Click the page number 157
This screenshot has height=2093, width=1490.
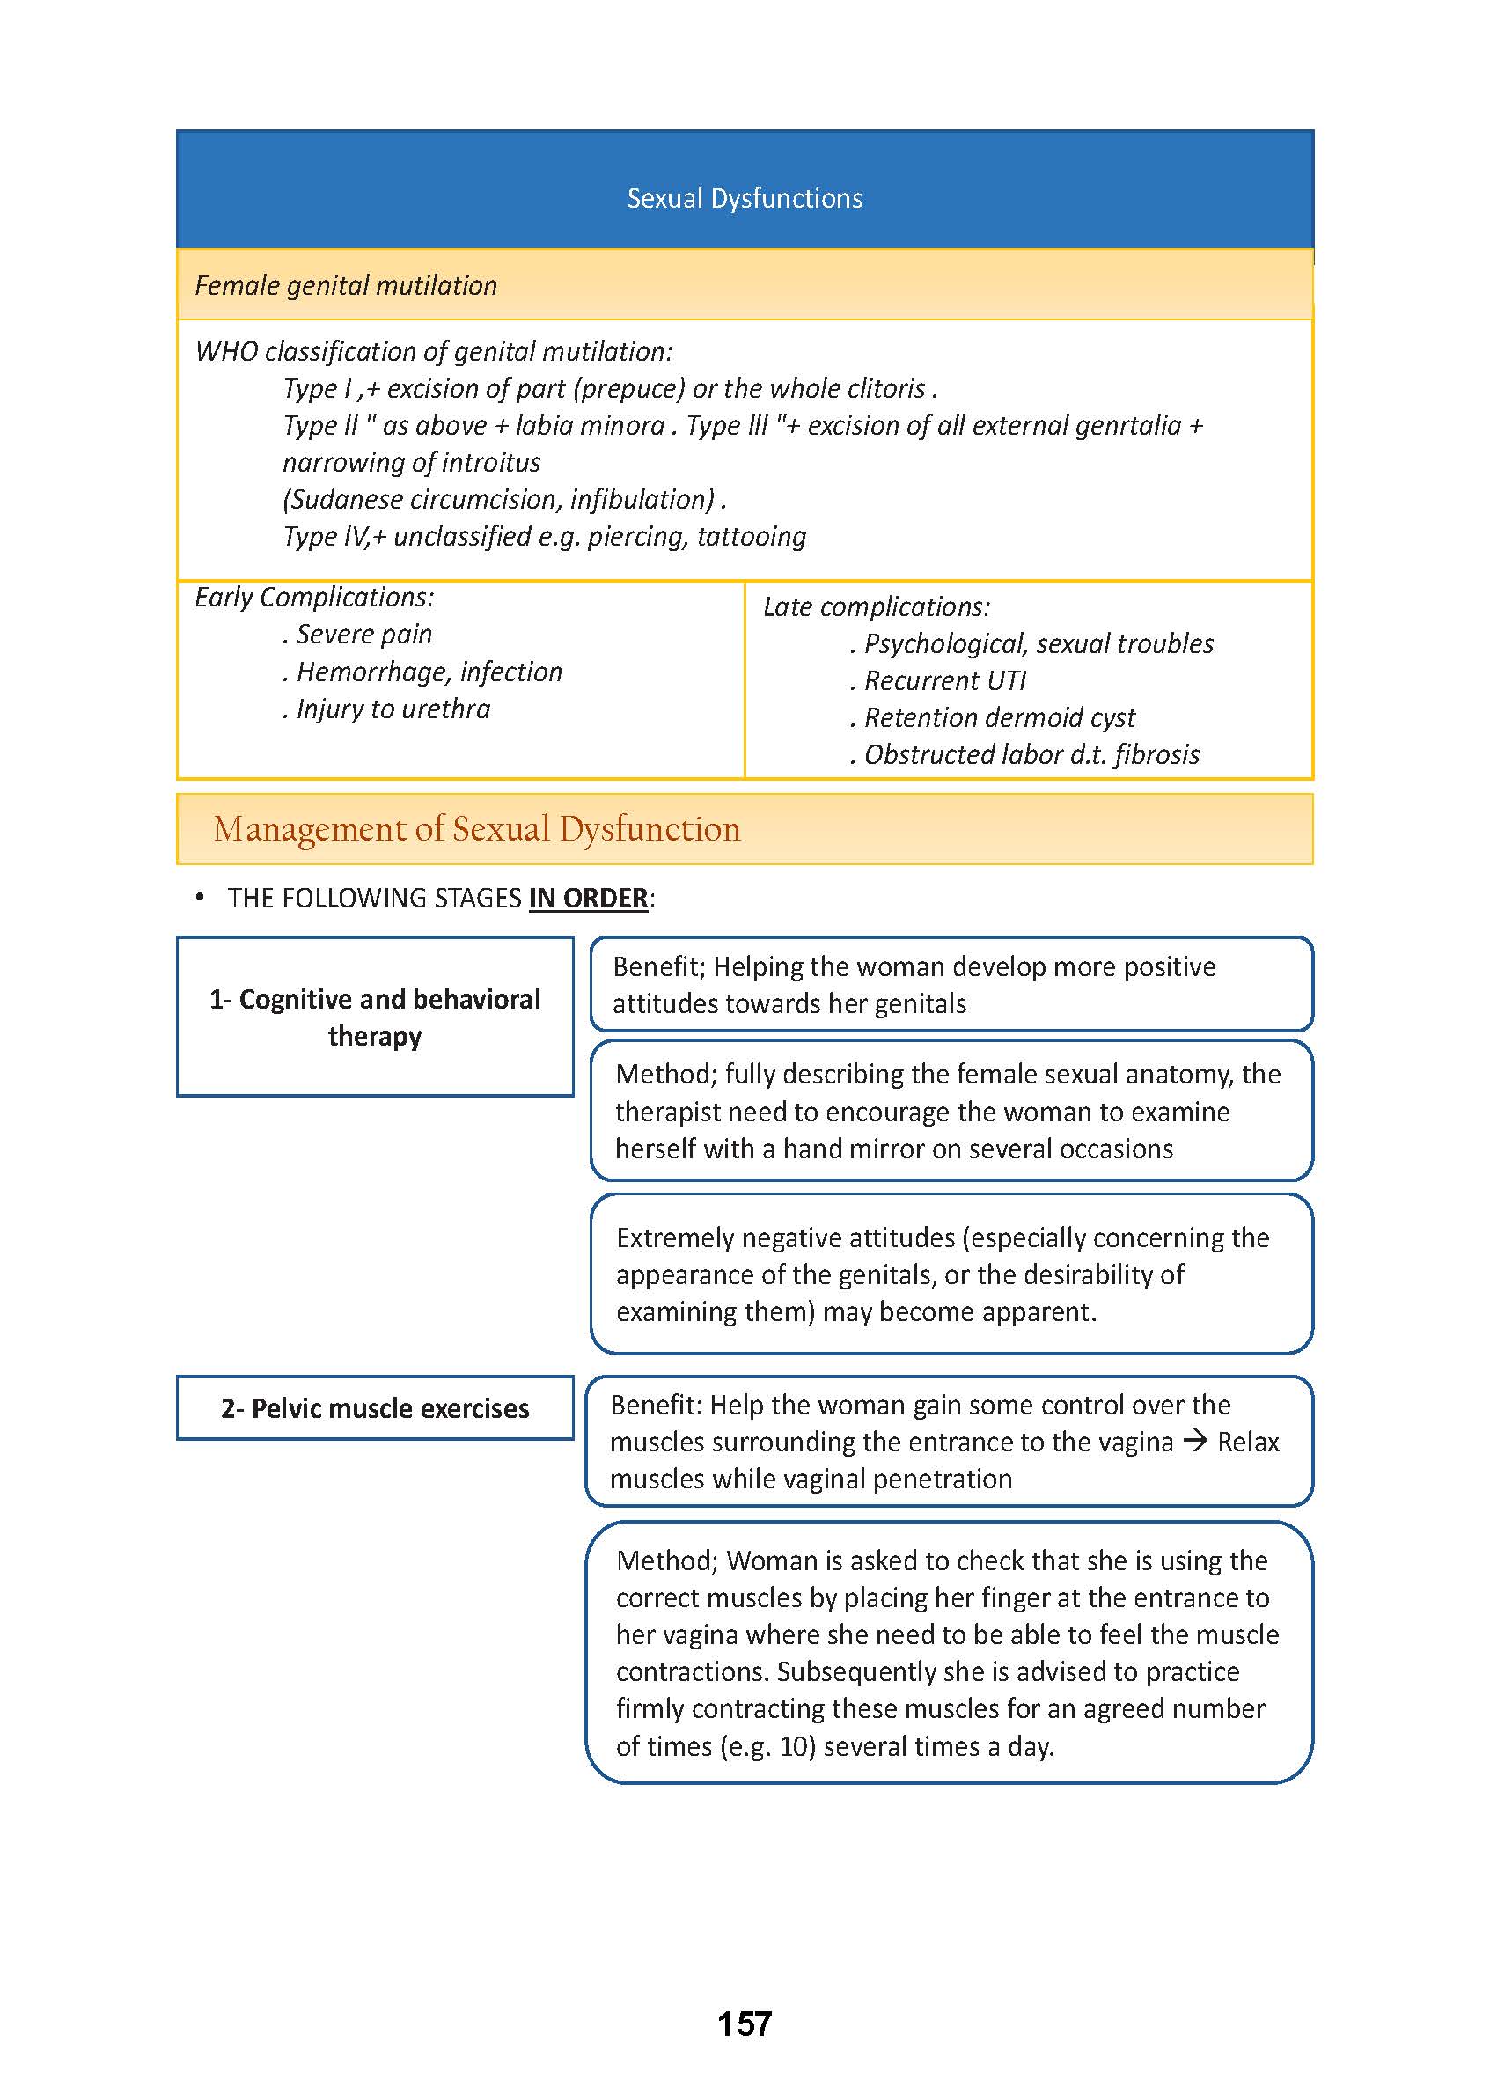tap(744, 2023)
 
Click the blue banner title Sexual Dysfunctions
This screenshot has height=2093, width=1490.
tap(744, 198)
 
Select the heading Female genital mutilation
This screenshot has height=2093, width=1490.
tap(346, 285)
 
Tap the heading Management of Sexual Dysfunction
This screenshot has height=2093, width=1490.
tap(476, 828)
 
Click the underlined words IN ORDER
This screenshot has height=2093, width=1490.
tap(588, 898)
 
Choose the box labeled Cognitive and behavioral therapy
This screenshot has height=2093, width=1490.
tap(374, 1017)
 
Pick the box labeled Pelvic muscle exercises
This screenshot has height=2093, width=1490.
tap(374, 1407)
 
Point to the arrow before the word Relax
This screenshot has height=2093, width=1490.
tap(1194, 1441)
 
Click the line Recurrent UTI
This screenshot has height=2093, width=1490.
tap(944, 681)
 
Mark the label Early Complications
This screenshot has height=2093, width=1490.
tap(314, 598)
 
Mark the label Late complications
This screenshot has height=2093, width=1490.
tap(877, 606)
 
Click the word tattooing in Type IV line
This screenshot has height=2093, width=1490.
tap(752, 536)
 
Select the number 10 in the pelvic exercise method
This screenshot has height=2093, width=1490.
tap(796, 1746)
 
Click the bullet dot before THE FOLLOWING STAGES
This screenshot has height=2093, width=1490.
tap(199, 898)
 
